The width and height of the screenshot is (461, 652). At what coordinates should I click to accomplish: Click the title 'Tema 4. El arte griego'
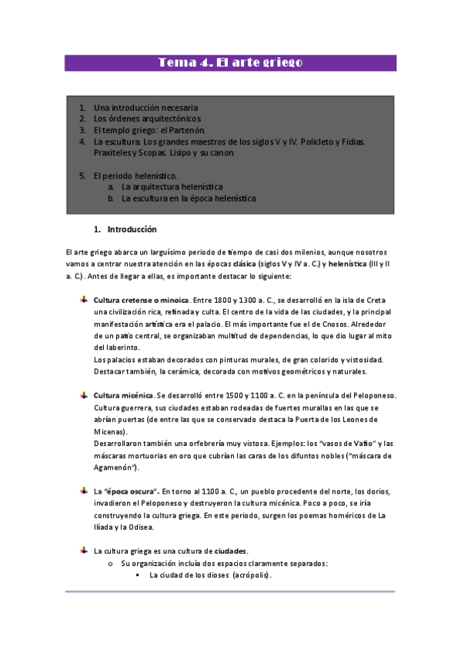pyautogui.click(x=230, y=63)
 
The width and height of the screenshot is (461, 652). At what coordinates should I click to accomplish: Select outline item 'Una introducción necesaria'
pyautogui.click(x=145, y=108)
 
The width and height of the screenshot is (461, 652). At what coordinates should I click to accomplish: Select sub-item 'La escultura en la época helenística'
pyautogui.click(x=189, y=198)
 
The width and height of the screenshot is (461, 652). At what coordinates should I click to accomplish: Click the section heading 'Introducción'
pyautogui.click(x=132, y=229)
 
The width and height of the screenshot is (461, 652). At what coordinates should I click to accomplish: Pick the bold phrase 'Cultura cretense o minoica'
pyautogui.click(x=141, y=299)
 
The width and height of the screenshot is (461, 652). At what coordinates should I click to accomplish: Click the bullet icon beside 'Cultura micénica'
pyautogui.click(x=84, y=394)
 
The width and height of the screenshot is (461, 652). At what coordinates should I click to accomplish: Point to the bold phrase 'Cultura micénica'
pyautogui.click(x=123, y=395)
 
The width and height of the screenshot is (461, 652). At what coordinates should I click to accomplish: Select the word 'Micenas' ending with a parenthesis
pyautogui.click(x=111, y=431)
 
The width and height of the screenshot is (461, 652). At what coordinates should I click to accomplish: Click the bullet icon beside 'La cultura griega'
pyautogui.click(x=84, y=551)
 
